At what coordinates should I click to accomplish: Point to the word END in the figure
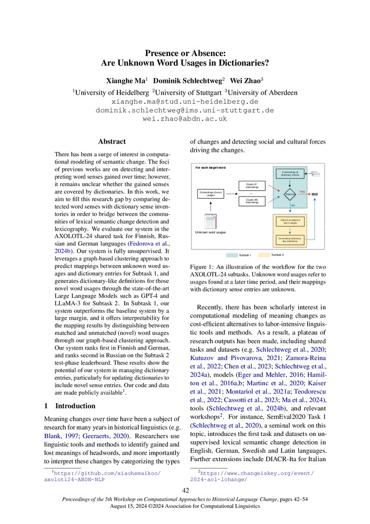(315, 194)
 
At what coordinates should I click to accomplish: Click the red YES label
(302, 191)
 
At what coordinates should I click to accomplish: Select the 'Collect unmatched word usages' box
(289, 222)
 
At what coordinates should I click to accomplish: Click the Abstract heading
(112, 141)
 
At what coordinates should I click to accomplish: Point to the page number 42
(185, 490)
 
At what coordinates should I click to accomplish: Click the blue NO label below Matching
(294, 205)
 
